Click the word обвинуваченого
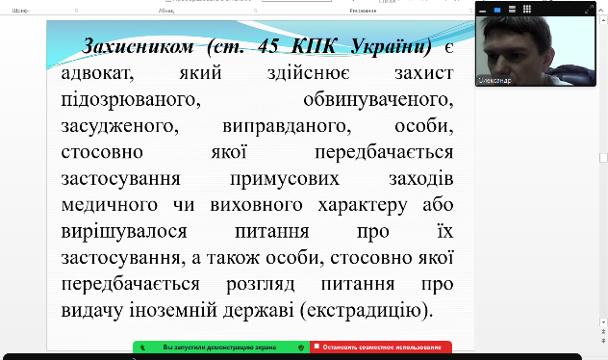(369, 99)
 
